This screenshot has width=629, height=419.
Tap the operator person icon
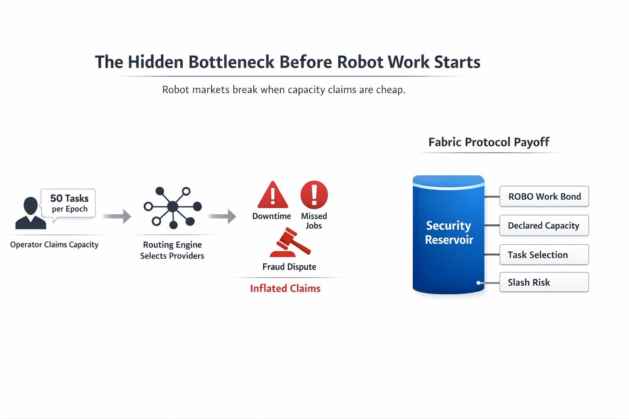[30, 213]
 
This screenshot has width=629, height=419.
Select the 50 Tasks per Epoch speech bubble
[69, 203]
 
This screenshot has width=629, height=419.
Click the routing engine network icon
[173, 207]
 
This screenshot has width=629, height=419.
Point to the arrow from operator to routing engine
[117, 216]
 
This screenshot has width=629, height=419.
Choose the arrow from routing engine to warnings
[222, 216]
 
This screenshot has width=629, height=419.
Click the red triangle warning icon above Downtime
[273, 195]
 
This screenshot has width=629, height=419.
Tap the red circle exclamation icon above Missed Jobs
[314, 195]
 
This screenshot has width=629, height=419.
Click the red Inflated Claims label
[285, 288]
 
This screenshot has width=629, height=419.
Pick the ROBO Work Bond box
[544, 196]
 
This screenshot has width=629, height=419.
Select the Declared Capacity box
[544, 225]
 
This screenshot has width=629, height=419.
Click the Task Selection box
[544, 255]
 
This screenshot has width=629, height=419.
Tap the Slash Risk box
[544, 282]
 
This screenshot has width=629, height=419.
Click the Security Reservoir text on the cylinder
[449, 232]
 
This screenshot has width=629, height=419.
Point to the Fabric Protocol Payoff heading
[489, 142]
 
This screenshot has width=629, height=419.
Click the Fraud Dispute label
[289, 267]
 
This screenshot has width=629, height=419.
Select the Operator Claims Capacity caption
[54, 245]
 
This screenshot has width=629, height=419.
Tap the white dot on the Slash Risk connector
[478, 283]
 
